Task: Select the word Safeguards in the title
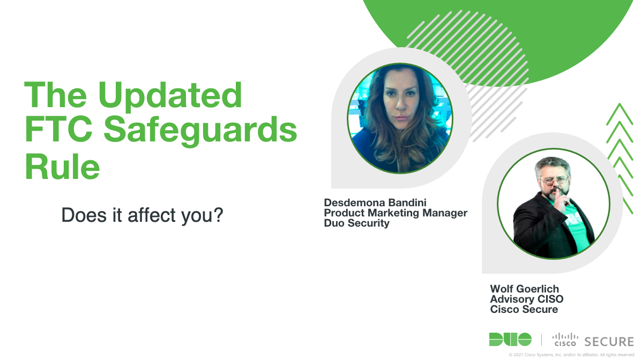click(x=200, y=131)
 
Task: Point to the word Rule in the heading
click(x=62, y=166)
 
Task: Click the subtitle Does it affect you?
click(x=142, y=215)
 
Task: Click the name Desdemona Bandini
click(x=375, y=202)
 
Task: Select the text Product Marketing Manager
click(x=396, y=213)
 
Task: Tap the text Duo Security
click(x=356, y=223)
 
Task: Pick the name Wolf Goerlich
click(x=524, y=289)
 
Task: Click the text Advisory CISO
click(x=526, y=299)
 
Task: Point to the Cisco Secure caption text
click(x=524, y=309)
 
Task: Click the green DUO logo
click(x=510, y=340)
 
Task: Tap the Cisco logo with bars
click(x=565, y=340)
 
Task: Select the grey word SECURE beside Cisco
click(x=609, y=342)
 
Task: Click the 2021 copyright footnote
click(x=572, y=355)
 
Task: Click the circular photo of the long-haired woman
click(x=400, y=118)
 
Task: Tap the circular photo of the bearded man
click(x=554, y=204)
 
